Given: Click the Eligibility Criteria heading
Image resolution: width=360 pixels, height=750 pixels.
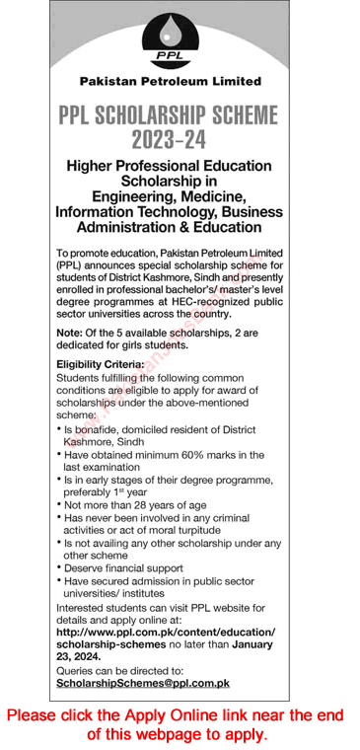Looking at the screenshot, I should pos(102,365).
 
